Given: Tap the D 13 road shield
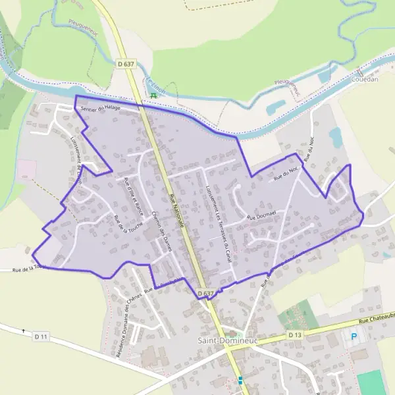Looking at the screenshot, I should [294, 335].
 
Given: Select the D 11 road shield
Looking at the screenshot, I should [41, 336].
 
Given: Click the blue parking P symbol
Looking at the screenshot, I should [355, 336].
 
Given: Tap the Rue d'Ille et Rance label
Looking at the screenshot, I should [133, 197].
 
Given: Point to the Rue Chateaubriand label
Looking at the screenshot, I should [377, 320].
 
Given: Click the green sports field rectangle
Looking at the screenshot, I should [371, 382].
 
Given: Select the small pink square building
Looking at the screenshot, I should [24, 169].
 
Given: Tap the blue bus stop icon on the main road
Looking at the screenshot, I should [240, 380].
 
